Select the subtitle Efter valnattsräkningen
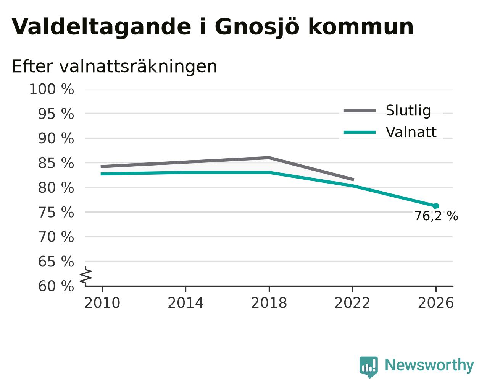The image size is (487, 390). (114, 67)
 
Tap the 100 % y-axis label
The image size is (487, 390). (52, 89)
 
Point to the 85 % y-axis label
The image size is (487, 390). (56, 163)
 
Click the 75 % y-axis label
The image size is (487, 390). (56, 213)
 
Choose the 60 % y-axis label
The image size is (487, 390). (56, 286)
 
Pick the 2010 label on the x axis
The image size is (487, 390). (102, 303)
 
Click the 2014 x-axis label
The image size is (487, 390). (185, 303)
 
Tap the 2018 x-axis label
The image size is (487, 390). (269, 303)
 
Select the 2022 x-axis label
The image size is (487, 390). (352, 303)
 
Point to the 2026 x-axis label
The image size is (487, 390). (436, 303)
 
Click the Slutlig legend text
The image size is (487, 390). (408, 111)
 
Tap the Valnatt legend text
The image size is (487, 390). (411, 132)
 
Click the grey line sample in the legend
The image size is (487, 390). (360, 110)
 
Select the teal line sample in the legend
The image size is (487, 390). (360, 132)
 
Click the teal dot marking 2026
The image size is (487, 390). (436, 206)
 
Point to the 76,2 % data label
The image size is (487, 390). (436, 216)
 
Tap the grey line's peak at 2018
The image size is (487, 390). (269, 158)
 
